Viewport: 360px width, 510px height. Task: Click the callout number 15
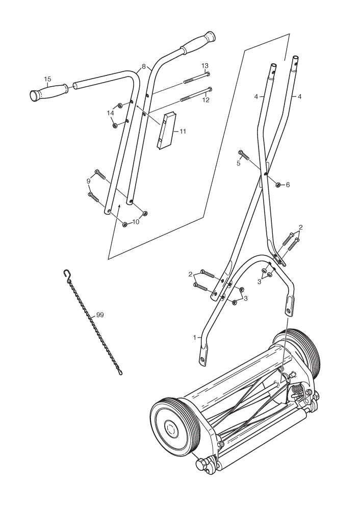[x=47, y=79]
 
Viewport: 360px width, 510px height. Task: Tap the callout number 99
[x=100, y=315]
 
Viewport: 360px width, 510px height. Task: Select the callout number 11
[x=183, y=132]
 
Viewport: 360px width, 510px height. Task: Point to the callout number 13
[x=205, y=66]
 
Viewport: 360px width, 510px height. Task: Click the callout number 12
[x=206, y=100]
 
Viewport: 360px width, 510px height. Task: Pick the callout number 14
[x=111, y=113]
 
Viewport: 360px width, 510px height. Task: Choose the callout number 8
[x=144, y=67]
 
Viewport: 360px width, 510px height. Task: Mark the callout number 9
[x=88, y=181]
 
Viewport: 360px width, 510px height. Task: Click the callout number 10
[x=136, y=222]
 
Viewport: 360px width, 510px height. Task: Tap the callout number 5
[x=238, y=163]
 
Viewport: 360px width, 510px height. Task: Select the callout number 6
[x=288, y=185]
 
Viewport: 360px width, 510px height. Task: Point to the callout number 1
[x=195, y=338]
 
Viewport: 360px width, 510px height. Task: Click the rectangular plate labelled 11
[x=167, y=131]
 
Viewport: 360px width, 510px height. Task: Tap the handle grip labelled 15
[x=49, y=91]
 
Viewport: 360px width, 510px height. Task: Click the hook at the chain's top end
[x=67, y=274]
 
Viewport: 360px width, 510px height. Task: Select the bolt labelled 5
[x=244, y=155]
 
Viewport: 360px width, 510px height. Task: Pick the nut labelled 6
[x=278, y=185]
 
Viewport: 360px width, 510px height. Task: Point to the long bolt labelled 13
[x=197, y=78]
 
